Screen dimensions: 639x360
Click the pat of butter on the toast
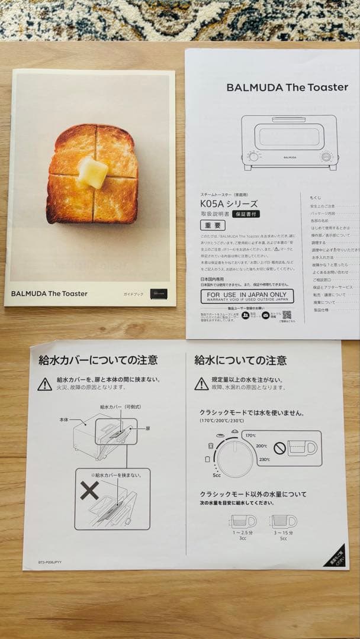click(x=93, y=172)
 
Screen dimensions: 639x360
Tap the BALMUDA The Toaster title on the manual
click(x=287, y=88)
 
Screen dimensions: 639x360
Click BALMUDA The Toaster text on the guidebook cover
click(x=49, y=293)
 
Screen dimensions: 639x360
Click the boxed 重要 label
click(x=213, y=225)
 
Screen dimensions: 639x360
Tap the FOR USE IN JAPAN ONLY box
click(x=247, y=296)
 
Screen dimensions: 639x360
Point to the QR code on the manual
click(x=287, y=315)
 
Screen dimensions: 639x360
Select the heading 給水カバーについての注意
click(x=98, y=359)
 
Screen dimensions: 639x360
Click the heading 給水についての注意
click(x=240, y=360)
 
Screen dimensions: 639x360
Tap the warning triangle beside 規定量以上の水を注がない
click(x=201, y=384)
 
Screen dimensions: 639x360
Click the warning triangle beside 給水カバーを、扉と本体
click(x=45, y=385)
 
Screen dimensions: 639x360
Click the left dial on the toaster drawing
click(x=253, y=157)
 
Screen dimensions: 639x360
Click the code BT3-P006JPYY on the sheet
click(x=50, y=563)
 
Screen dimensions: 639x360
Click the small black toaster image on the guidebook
click(x=158, y=293)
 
